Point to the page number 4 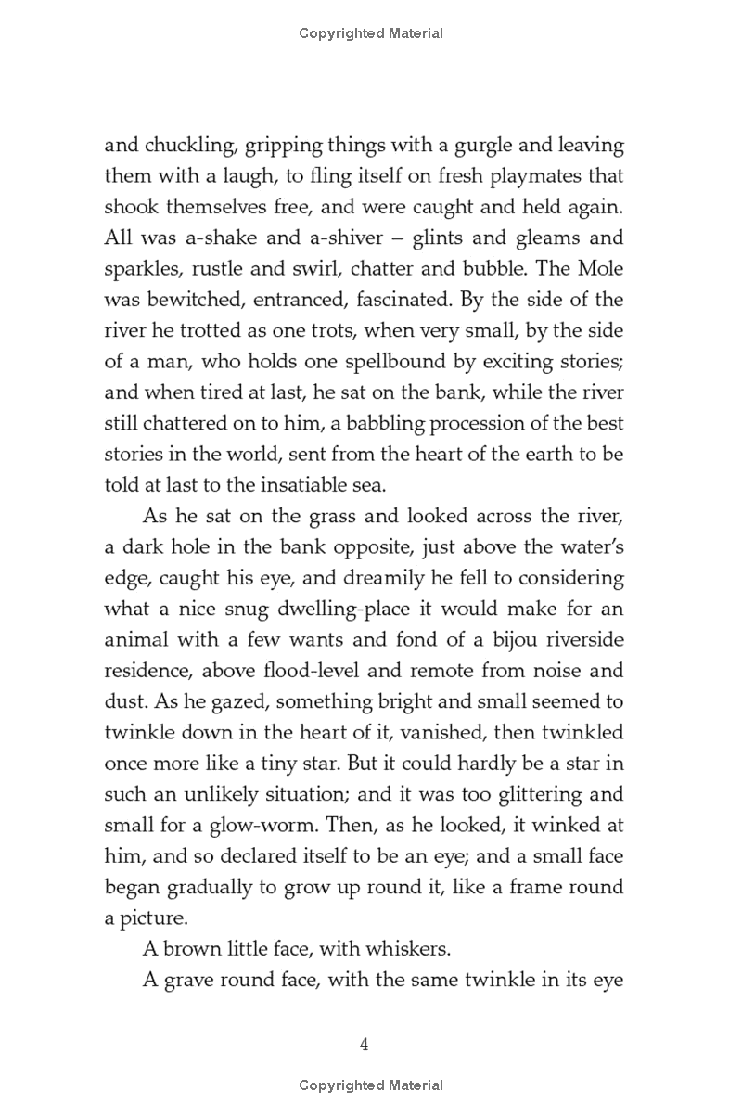[x=365, y=1045]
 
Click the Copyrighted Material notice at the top [x=371, y=33]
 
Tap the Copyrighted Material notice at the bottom [x=371, y=1085]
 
